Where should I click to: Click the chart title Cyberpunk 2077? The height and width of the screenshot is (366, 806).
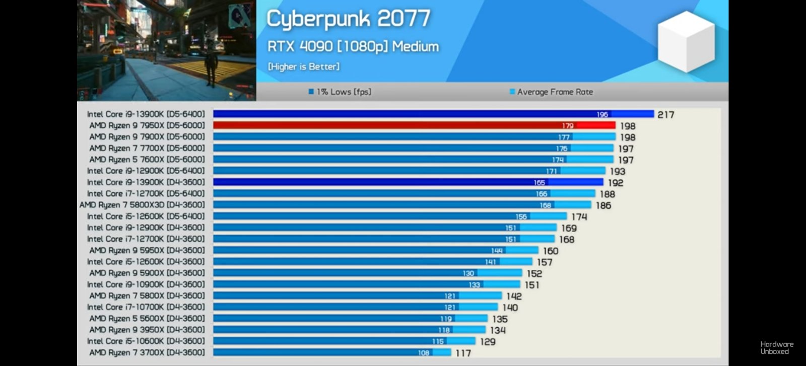(348, 19)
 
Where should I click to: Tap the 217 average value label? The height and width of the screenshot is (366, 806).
(665, 115)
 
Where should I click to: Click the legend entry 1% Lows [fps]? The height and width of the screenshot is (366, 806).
(340, 92)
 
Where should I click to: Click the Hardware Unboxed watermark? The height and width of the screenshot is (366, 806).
(776, 348)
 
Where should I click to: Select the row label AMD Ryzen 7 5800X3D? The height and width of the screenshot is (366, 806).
(142, 205)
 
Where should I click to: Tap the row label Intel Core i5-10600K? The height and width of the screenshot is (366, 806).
(146, 341)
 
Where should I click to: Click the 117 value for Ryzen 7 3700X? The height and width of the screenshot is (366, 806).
(463, 353)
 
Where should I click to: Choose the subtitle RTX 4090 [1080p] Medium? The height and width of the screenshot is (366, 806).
(353, 46)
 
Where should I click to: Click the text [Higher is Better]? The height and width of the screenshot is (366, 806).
(303, 66)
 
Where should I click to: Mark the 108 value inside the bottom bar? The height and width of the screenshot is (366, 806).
(423, 353)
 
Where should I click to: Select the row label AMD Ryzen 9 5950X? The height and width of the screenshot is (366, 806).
(147, 250)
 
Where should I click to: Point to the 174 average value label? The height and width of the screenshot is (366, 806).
(579, 217)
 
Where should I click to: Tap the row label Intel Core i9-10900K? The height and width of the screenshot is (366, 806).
(146, 284)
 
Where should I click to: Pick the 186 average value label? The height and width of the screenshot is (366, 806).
(603, 205)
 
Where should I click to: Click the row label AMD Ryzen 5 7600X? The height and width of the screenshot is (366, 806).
(147, 160)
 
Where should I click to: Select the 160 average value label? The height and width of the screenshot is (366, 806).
(550, 251)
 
